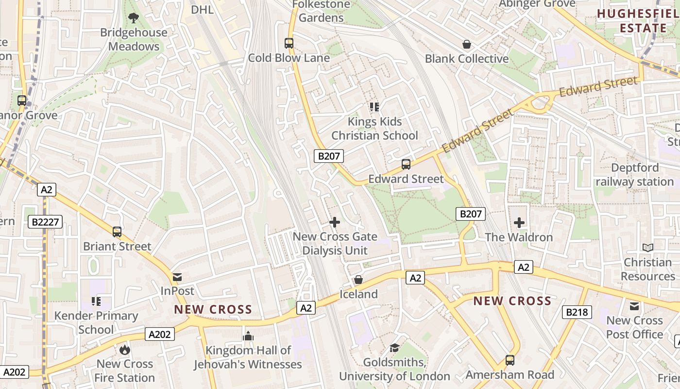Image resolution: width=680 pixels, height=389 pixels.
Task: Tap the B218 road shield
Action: click(x=577, y=312)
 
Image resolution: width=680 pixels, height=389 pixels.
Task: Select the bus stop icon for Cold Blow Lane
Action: click(x=289, y=43)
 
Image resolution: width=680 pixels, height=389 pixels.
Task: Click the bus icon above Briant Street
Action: click(x=117, y=231)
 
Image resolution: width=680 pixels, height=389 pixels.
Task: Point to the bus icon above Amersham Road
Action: click(x=510, y=360)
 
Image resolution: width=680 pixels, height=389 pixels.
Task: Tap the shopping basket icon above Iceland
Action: click(x=358, y=280)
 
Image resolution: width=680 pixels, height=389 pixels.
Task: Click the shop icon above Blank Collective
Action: click(x=467, y=44)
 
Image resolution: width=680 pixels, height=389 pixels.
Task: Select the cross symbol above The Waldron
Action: click(x=519, y=223)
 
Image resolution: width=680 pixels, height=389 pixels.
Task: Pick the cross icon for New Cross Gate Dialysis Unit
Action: click(x=335, y=222)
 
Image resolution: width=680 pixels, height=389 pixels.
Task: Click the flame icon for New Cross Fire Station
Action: click(x=125, y=349)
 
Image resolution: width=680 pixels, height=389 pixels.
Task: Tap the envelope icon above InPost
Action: click(x=177, y=277)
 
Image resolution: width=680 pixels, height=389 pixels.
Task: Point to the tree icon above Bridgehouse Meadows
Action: click(x=134, y=18)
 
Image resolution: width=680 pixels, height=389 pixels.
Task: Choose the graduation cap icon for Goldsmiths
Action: click(x=394, y=348)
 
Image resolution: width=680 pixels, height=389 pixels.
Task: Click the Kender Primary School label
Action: click(x=96, y=322)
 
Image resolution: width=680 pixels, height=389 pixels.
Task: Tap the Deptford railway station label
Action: click(x=635, y=175)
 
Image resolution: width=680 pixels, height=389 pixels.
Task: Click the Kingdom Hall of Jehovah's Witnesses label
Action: click(x=248, y=357)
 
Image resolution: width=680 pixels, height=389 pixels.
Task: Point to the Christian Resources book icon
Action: click(x=648, y=248)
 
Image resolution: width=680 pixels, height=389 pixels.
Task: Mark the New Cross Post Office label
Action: click(x=634, y=327)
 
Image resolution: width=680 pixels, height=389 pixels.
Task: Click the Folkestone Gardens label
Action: click(x=321, y=11)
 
